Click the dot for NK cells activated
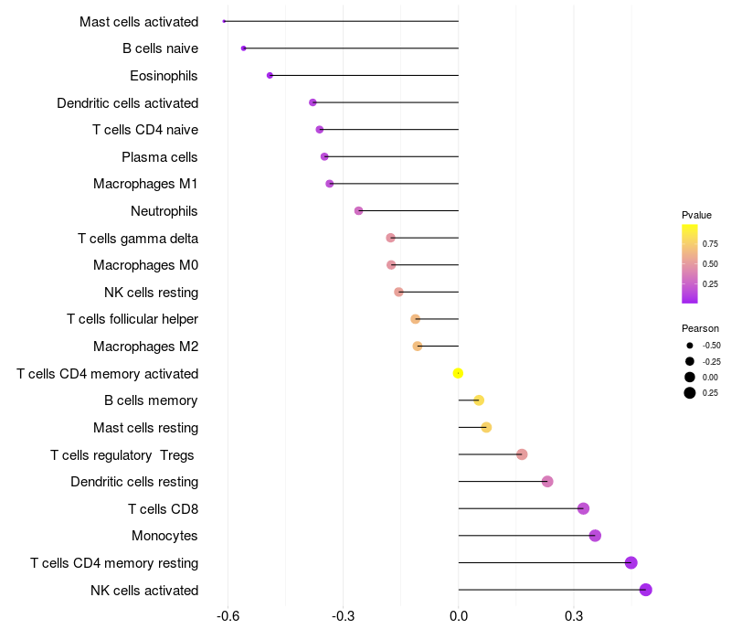coord(646,590)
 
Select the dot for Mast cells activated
coord(224,21)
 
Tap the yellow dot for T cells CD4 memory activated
coord(459,373)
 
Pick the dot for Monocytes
coord(595,536)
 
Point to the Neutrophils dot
coord(358,211)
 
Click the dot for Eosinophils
coord(270,75)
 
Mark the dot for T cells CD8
coord(583,508)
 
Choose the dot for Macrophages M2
coord(418,347)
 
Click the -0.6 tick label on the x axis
coord(228,617)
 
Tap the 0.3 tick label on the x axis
coord(574,617)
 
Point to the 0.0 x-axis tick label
coord(459,617)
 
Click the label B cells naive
coord(160,48)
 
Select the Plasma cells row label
coord(160,157)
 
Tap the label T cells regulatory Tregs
coord(123,454)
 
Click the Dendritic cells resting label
coord(134,482)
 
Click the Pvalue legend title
coord(696,215)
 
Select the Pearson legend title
coord(700,328)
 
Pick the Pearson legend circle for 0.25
coord(690,393)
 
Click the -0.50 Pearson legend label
coord(712,346)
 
